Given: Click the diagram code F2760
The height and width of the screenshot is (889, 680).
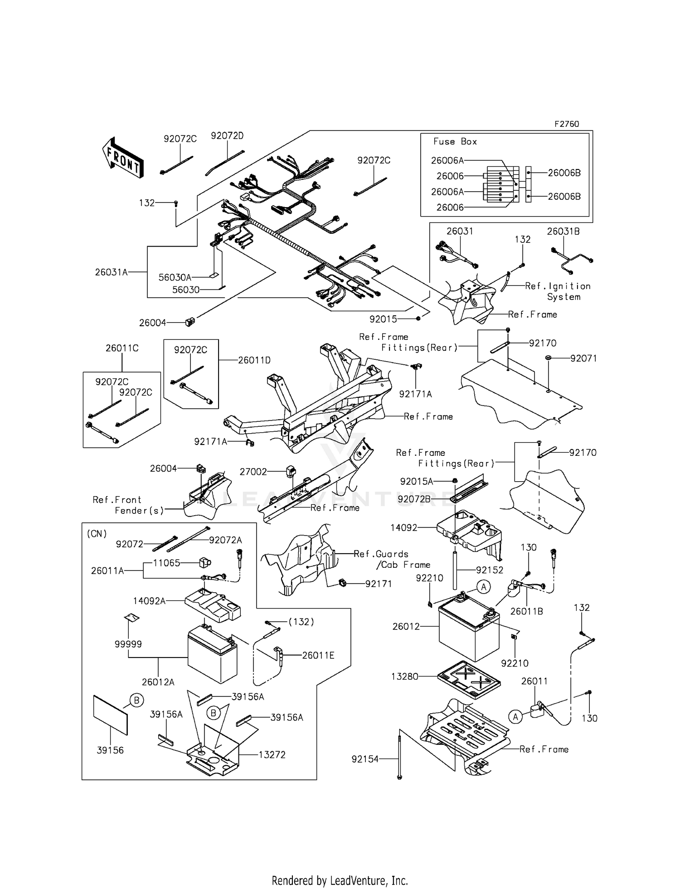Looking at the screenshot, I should coord(566,124).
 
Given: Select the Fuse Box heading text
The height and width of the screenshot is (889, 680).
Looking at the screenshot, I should coord(455,141).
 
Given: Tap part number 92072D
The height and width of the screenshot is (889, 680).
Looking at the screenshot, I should coord(227,135).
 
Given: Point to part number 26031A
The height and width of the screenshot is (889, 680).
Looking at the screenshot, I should coord(111,272).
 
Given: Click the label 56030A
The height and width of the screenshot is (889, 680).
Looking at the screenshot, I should coord(175,277).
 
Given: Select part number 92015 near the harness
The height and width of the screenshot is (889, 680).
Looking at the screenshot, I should coord(383,319).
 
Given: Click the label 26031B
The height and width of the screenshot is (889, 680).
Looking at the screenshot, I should coord(563,231).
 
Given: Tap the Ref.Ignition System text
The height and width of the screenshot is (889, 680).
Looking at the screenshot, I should coord(558,291).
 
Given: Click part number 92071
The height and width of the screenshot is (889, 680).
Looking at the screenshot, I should coord(583,358).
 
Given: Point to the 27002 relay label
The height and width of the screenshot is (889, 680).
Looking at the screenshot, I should coord(253,472).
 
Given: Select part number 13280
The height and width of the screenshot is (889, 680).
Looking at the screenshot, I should coord(404,676).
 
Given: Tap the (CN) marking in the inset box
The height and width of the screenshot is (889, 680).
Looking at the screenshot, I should coord(96,533).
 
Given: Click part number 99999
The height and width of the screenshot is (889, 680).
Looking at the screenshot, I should coord(128,644).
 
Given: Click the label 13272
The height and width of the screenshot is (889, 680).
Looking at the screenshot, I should coord(272,754).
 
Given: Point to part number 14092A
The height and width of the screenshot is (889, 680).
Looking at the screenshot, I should coord(149,601).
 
